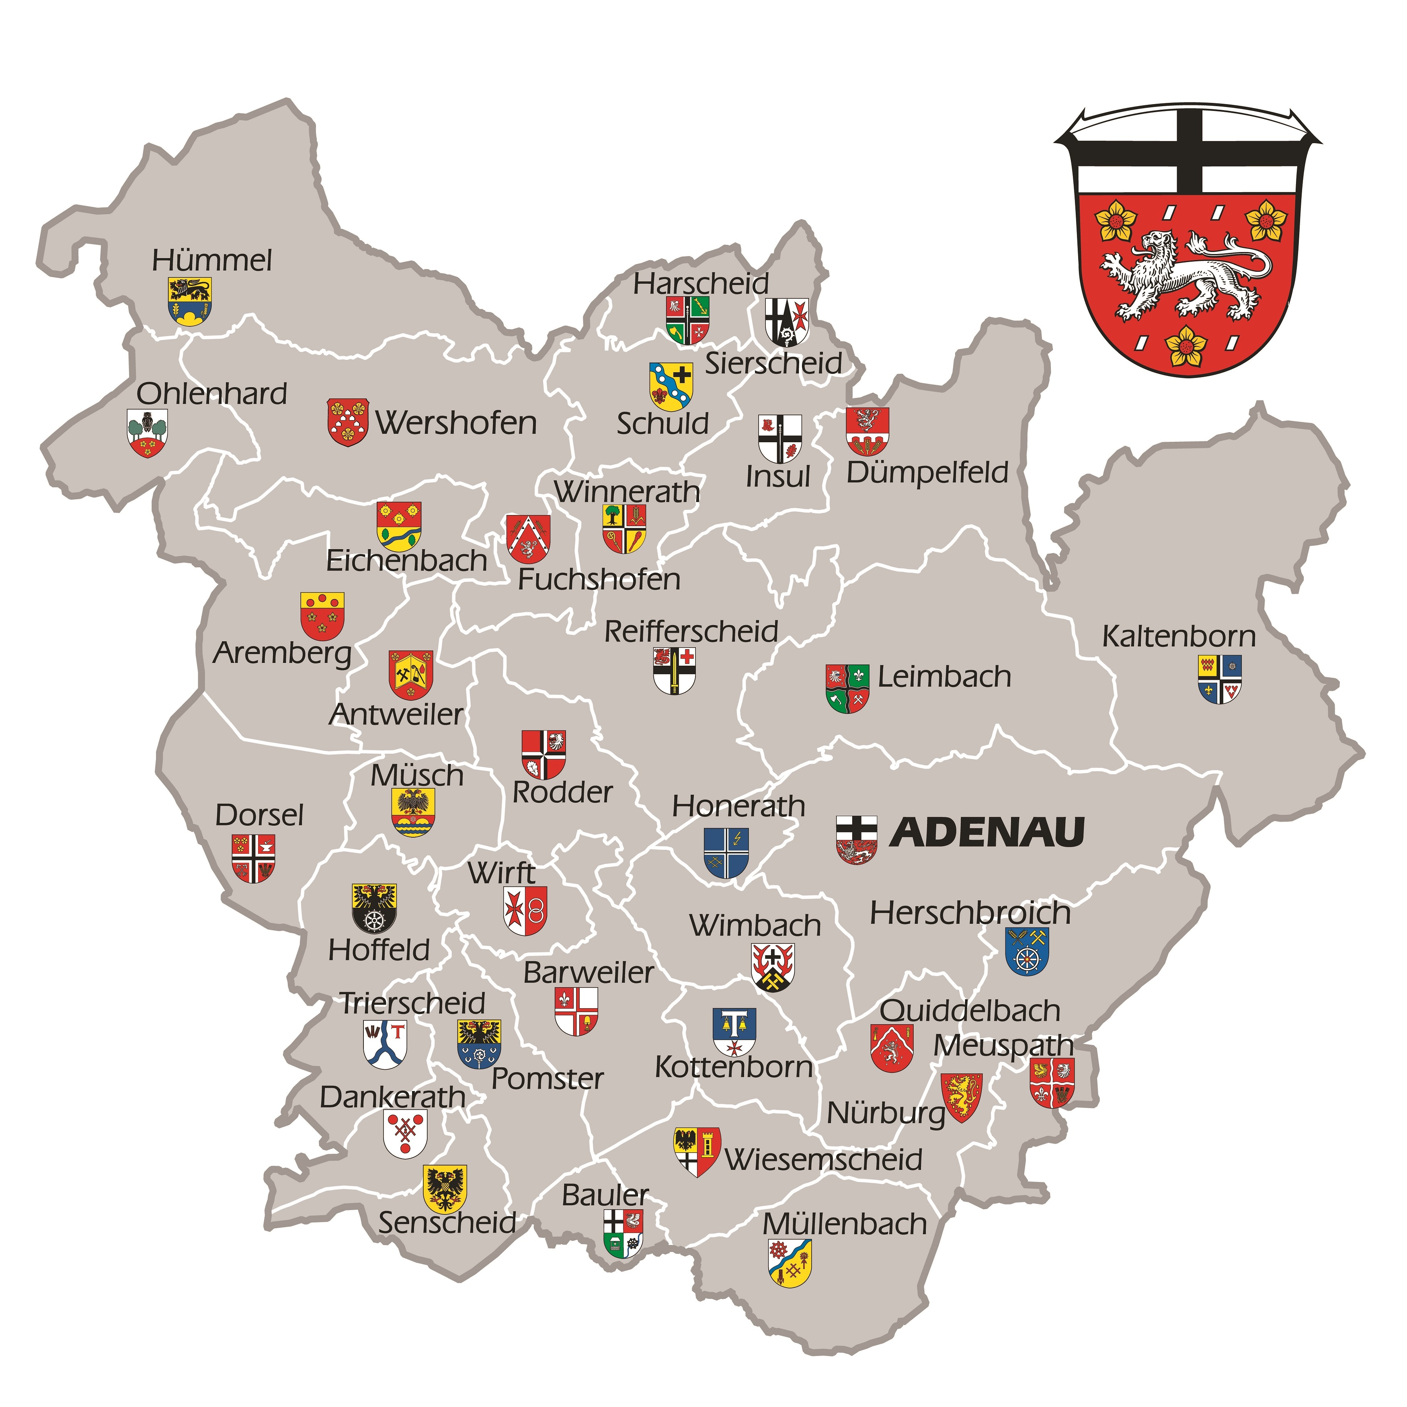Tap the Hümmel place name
pyautogui.click(x=212, y=260)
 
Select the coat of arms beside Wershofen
pyautogui.click(x=347, y=422)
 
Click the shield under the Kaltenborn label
pyautogui.click(x=1220, y=679)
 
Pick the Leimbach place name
pyautogui.click(x=944, y=677)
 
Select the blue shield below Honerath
pyautogui.click(x=726, y=853)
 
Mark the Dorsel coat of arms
pyautogui.click(x=253, y=858)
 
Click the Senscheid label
pyautogui.click(x=447, y=1222)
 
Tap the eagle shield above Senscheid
pyautogui.click(x=445, y=1189)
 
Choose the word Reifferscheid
pyautogui.click(x=691, y=632)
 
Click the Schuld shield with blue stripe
pyautogui.click(x=671, y=386)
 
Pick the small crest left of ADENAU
pyautogui.click(x=856, y=840)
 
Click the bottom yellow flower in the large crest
pyautogui.click(x=1186, y=345)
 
